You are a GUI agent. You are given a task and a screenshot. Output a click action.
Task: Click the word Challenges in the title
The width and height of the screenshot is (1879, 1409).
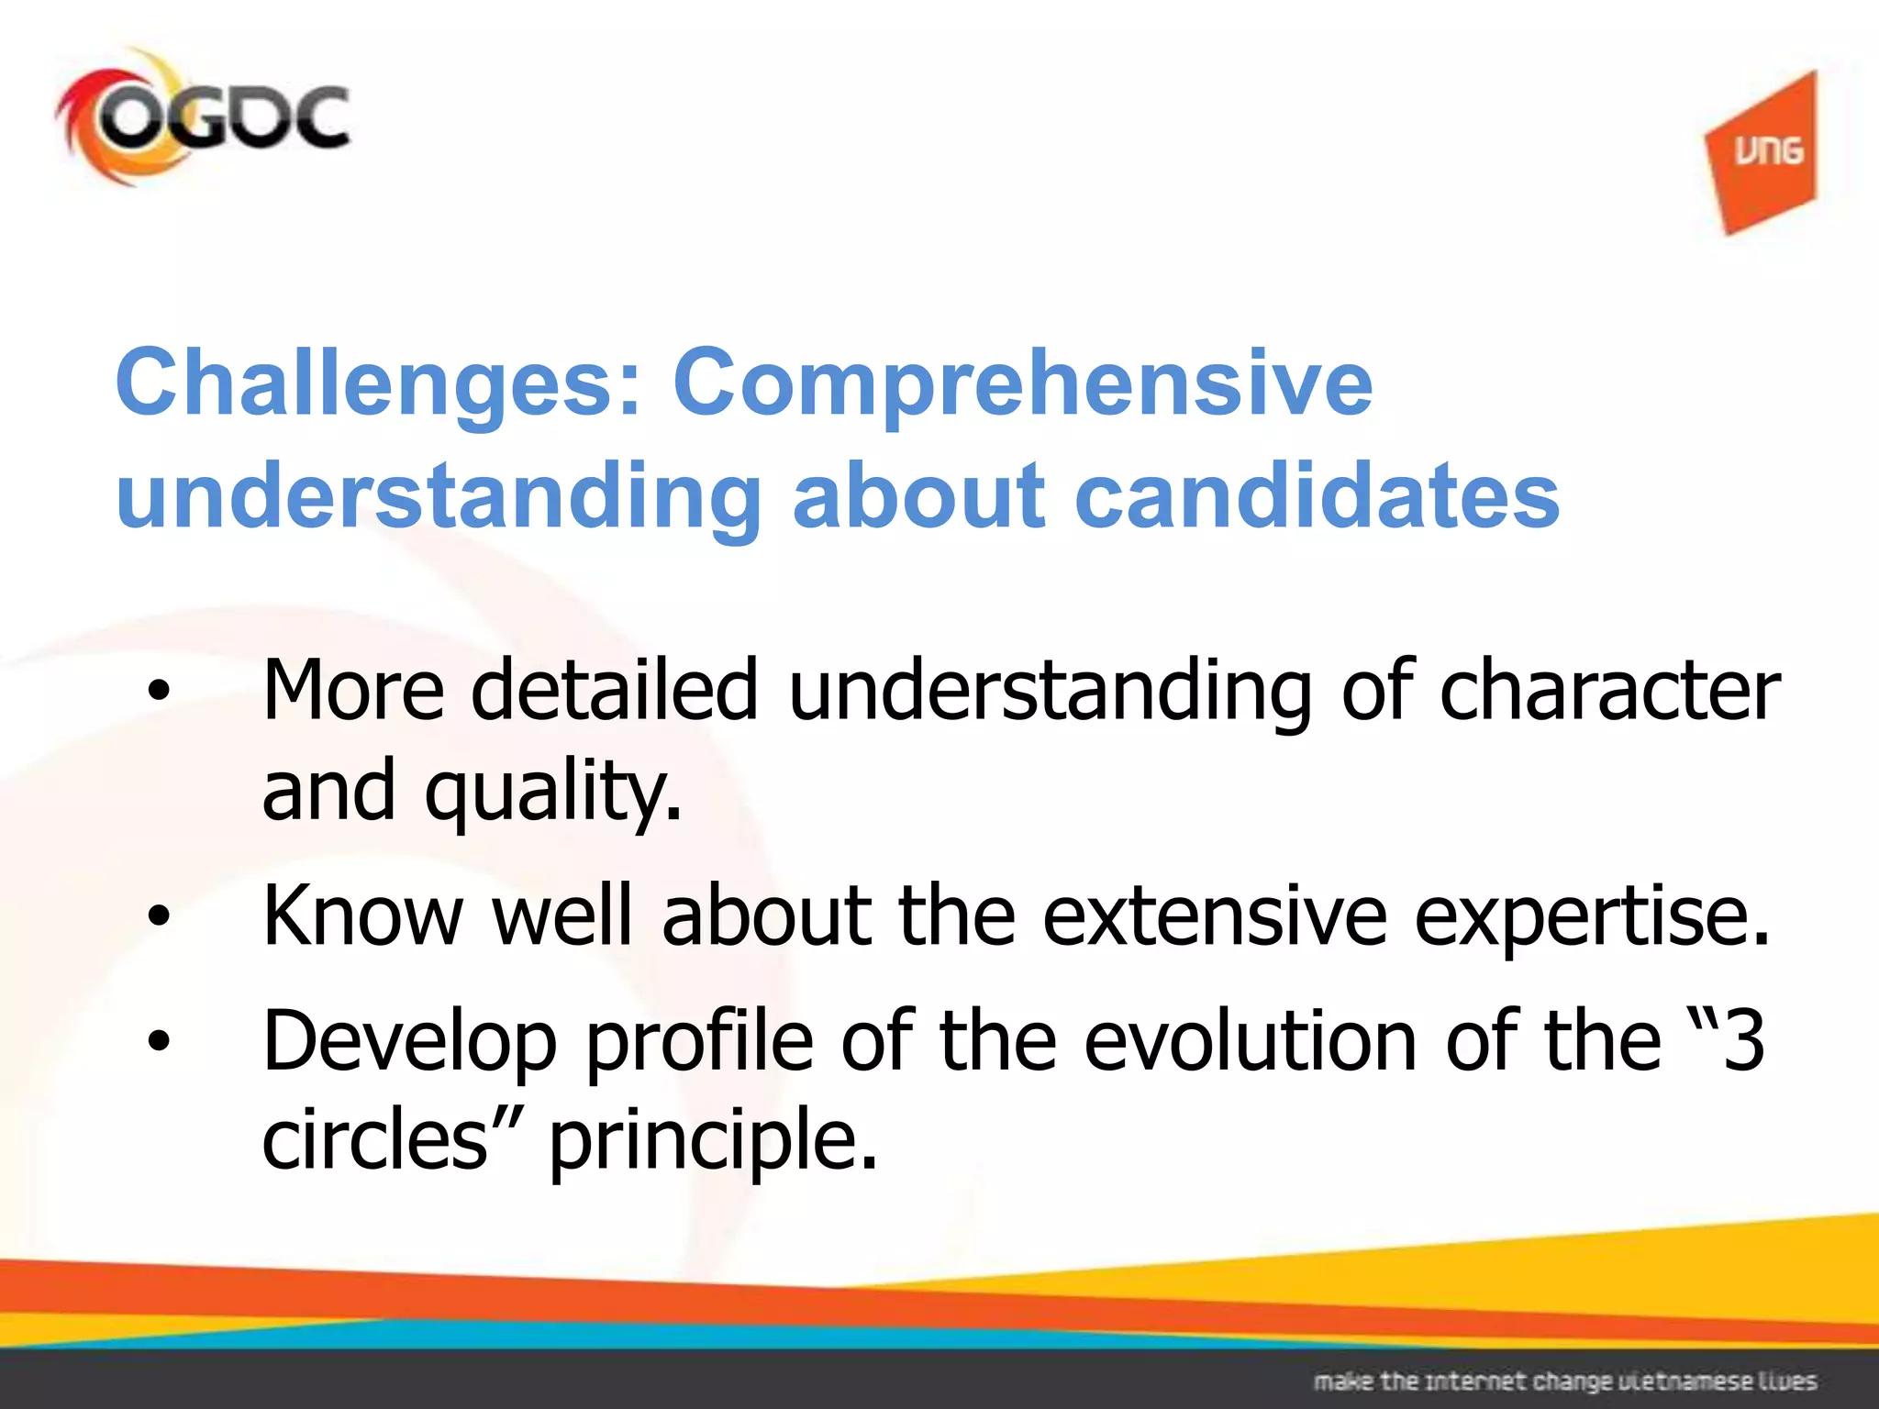(x=377, y=383)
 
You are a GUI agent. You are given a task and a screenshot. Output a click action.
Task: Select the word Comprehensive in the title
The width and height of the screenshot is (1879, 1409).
(x=1022, y=383)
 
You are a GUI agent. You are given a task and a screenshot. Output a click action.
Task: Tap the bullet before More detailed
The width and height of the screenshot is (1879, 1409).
(x=160, y=692)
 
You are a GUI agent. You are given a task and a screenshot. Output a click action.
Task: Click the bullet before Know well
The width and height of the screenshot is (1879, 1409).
(x=160, y=915)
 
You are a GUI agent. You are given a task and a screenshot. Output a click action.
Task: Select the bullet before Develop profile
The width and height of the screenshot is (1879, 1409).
(x=160, y=1041)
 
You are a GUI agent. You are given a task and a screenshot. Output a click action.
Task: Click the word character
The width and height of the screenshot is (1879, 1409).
(x=1609, y=690)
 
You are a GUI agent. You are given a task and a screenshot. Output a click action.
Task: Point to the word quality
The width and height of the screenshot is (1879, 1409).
(x=553, y=791)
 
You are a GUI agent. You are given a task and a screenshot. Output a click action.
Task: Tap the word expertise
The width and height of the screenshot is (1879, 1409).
(x=1591, y=915)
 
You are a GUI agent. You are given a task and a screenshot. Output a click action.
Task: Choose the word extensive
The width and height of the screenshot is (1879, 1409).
(x=1215, y=915)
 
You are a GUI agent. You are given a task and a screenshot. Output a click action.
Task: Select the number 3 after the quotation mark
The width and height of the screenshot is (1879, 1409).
(x=1743, y=1041)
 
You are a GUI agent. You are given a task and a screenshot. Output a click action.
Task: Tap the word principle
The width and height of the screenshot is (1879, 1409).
(x=712, y=1140)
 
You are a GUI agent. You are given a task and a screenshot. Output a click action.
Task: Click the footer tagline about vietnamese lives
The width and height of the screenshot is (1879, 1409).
(x=1564, y=1381)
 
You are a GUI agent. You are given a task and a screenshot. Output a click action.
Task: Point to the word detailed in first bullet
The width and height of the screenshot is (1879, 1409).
(x=614, y=690)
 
